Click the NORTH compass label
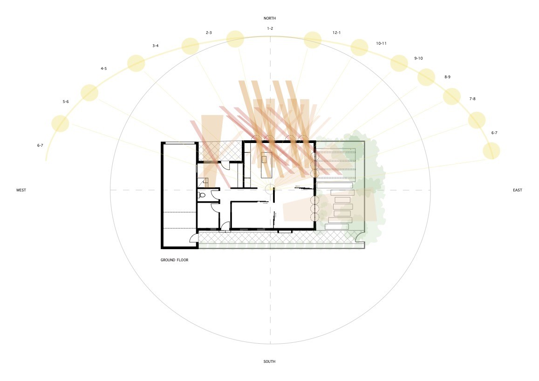point(269,18)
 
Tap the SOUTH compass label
point(269,361)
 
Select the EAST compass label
point(518,190)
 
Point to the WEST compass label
point(21,190)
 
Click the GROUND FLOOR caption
point(174,260)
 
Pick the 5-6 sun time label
point(66,102)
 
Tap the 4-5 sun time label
point(103,69)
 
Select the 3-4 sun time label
point(156,46)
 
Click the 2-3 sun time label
point(209,33)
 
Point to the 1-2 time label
point(270,28)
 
